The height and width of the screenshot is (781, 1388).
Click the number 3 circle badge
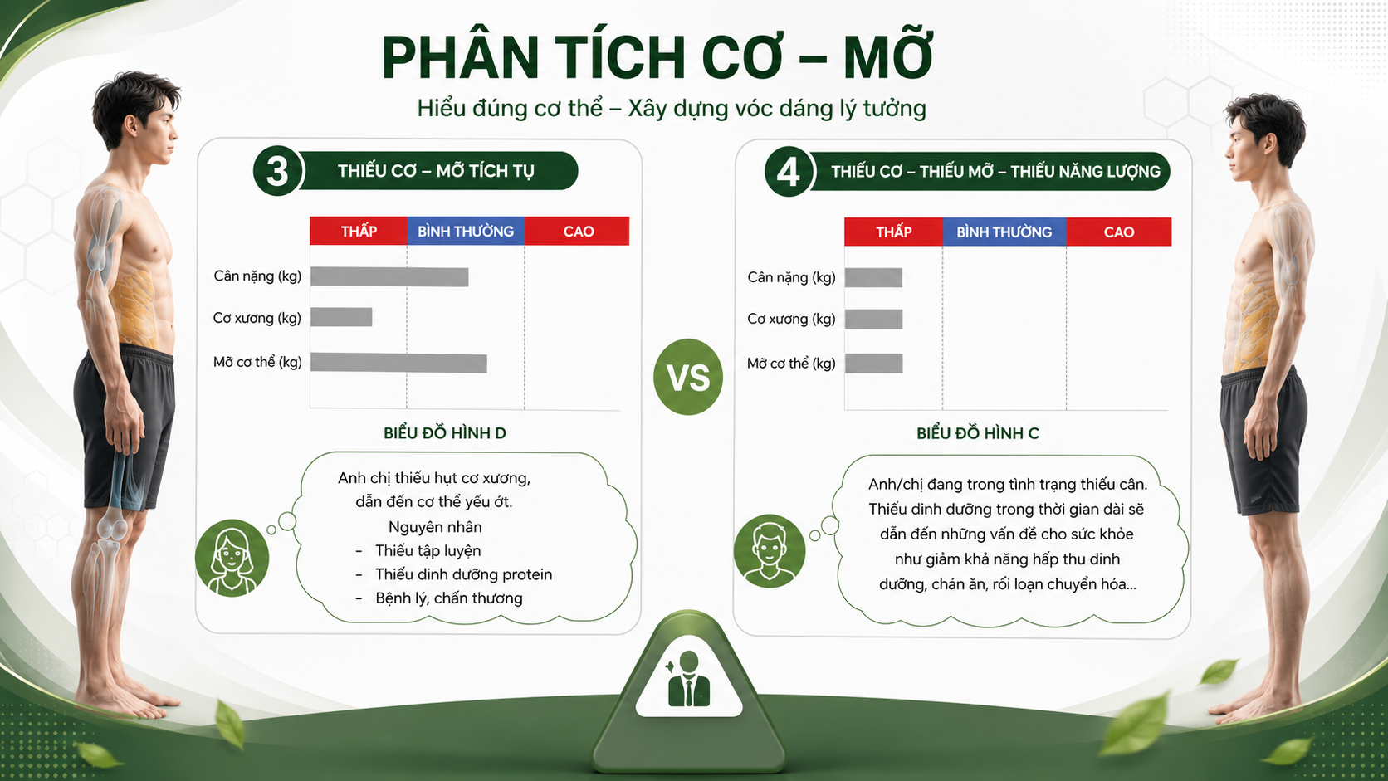277,171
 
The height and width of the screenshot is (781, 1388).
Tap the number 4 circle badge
788,172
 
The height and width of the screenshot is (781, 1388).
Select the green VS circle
688,377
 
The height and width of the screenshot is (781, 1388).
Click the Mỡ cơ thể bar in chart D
398,363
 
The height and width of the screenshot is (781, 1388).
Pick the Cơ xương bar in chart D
341,317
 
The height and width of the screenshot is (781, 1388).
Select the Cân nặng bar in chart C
873,277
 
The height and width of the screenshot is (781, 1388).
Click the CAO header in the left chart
578,231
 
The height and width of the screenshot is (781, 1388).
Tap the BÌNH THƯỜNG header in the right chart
1004,232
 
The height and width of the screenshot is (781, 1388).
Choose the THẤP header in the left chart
359,231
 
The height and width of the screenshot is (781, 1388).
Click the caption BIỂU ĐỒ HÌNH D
445,433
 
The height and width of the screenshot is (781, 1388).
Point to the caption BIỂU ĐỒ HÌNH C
978,433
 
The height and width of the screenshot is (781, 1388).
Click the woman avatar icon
232,558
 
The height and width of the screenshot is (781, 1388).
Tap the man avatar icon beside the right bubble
770,550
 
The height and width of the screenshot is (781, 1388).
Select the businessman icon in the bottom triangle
689,680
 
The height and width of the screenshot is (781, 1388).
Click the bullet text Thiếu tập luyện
428,550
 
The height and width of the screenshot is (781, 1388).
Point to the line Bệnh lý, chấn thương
448,598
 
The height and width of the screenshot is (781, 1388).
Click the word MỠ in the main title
888,57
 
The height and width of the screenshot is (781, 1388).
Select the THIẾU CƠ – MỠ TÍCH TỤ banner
436,171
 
